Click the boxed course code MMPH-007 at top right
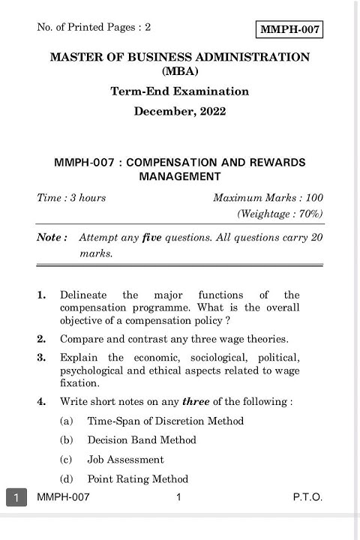[x=289, y=30]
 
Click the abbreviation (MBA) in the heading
[x=179, y=71]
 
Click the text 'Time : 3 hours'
[x=71, y=198]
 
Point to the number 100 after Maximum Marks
[x=313, y=198]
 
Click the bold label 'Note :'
[x=52, y=237]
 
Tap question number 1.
[x=41, y=295]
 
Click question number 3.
[x=41, y=358]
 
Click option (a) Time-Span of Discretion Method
[x=165, y=421]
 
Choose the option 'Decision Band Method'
[x=142, y=440]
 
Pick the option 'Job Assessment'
[x=125, y=460]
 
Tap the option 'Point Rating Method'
[x=137, y=479]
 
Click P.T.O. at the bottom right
[x=307, y=497]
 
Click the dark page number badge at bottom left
[x=16, y=497]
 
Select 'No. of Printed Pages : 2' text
[x=94, y=28]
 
